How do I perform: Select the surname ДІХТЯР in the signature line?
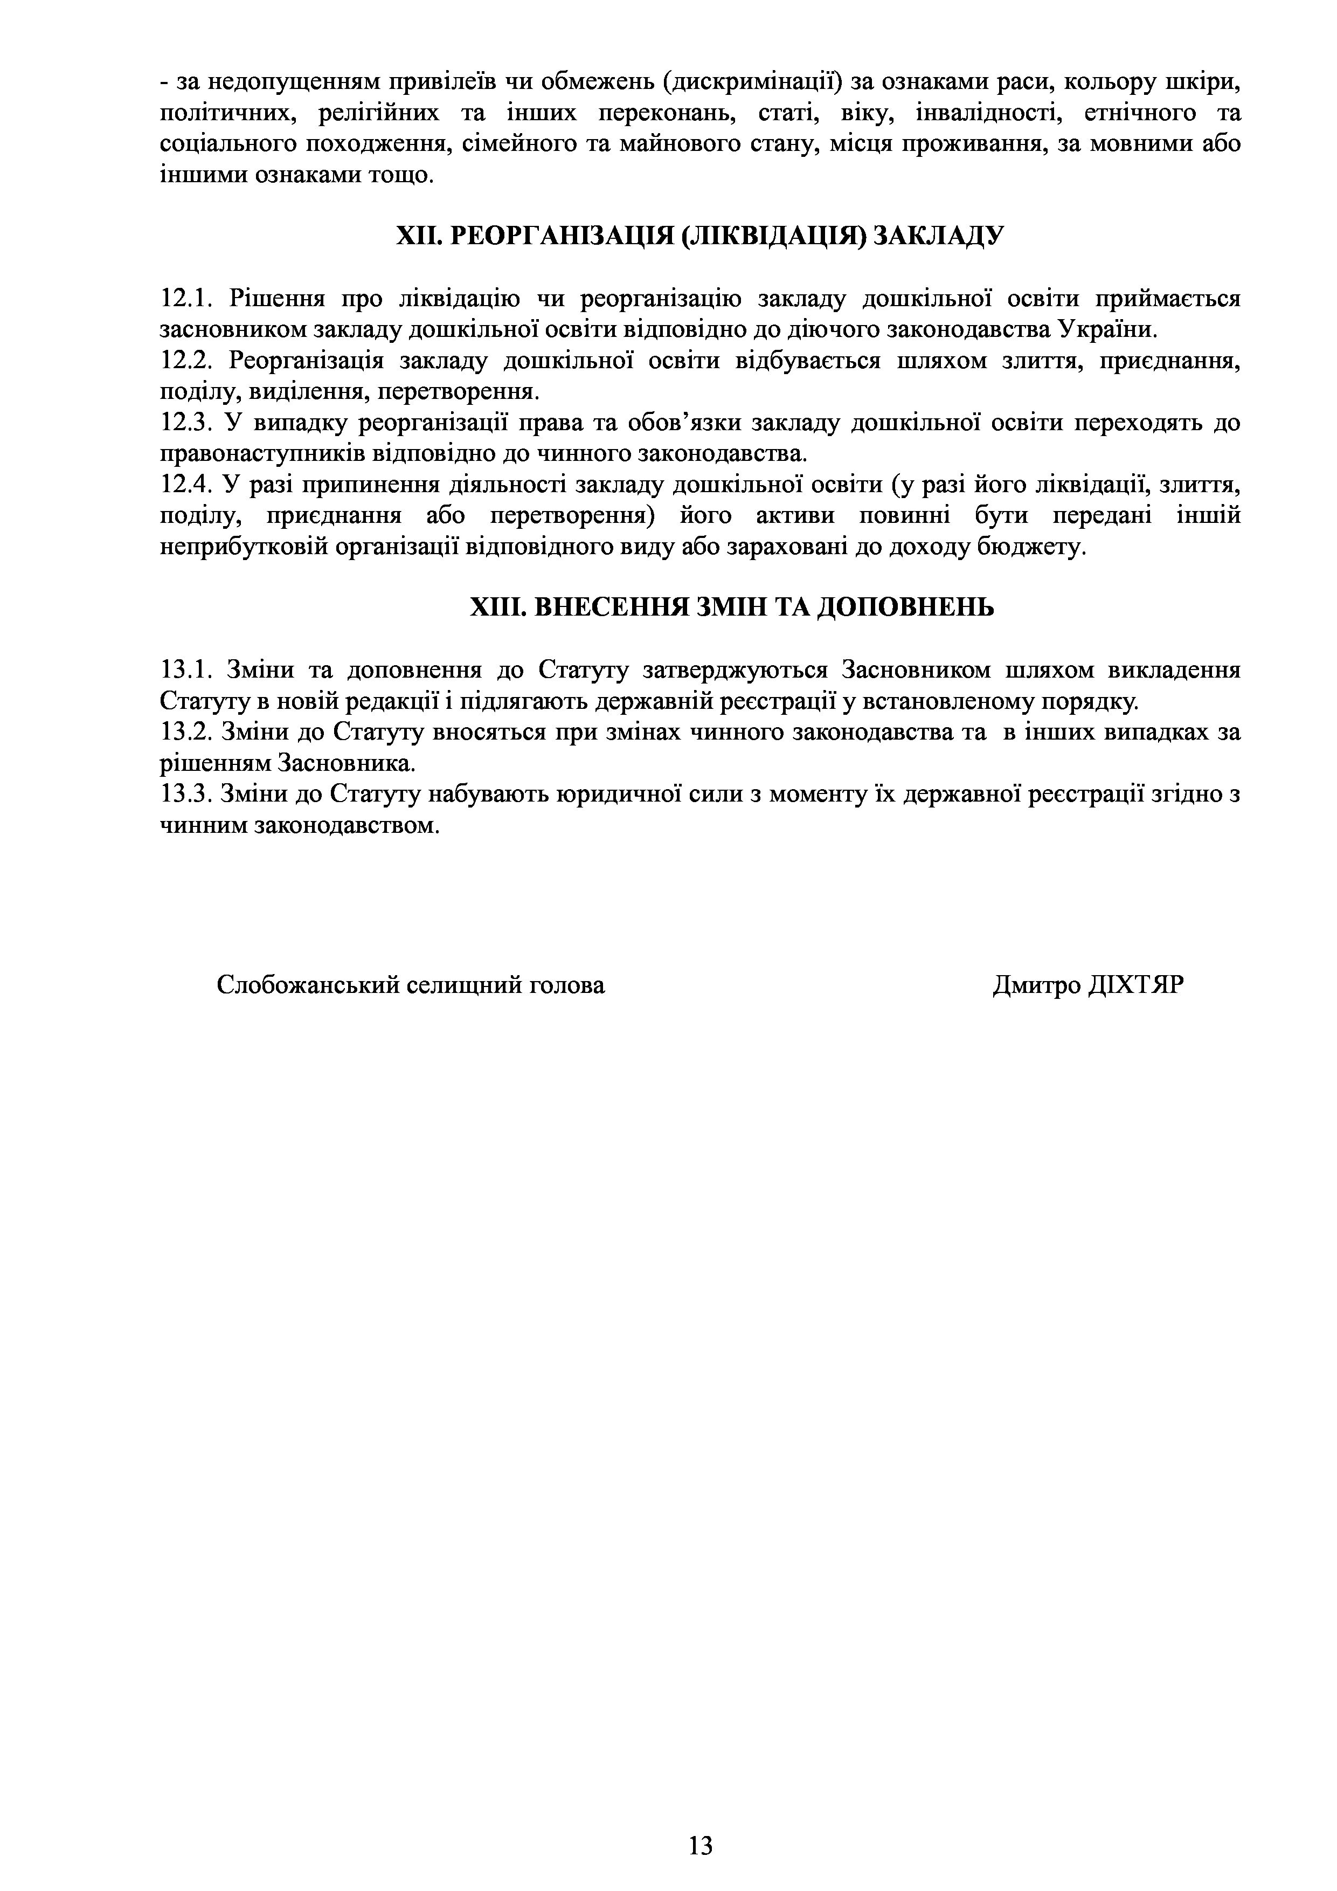click(x=1136, y=985)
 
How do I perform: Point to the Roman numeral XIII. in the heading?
click(x=497, y=608)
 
